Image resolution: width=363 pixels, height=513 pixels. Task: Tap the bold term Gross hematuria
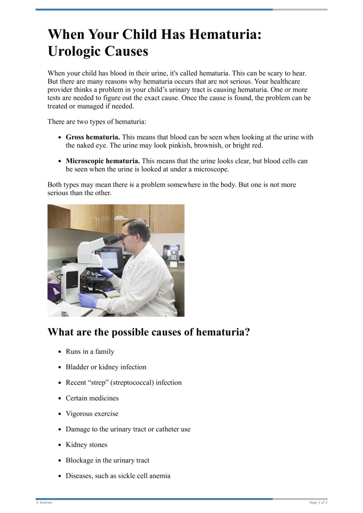click(x=93, y=137)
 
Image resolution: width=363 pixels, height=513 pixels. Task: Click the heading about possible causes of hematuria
click(x=149, y=332)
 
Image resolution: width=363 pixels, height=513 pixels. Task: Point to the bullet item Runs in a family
click(x=90, y=351)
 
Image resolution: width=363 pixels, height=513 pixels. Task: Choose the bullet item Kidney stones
click(x=86, y=445)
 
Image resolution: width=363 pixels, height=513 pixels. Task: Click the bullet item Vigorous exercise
click(x=92, y=414)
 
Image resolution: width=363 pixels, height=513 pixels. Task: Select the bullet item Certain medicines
click(x=92, y=398)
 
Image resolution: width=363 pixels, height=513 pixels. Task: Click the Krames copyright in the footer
click(x=44, y=503)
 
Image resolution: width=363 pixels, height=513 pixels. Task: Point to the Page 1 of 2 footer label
click(x=318, y=503)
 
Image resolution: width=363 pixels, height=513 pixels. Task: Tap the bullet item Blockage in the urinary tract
click(x=108, y=460)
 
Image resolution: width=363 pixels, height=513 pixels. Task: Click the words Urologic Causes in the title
click(x=98, y=51)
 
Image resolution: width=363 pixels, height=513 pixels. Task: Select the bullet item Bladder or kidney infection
click(x=106, y=367)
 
